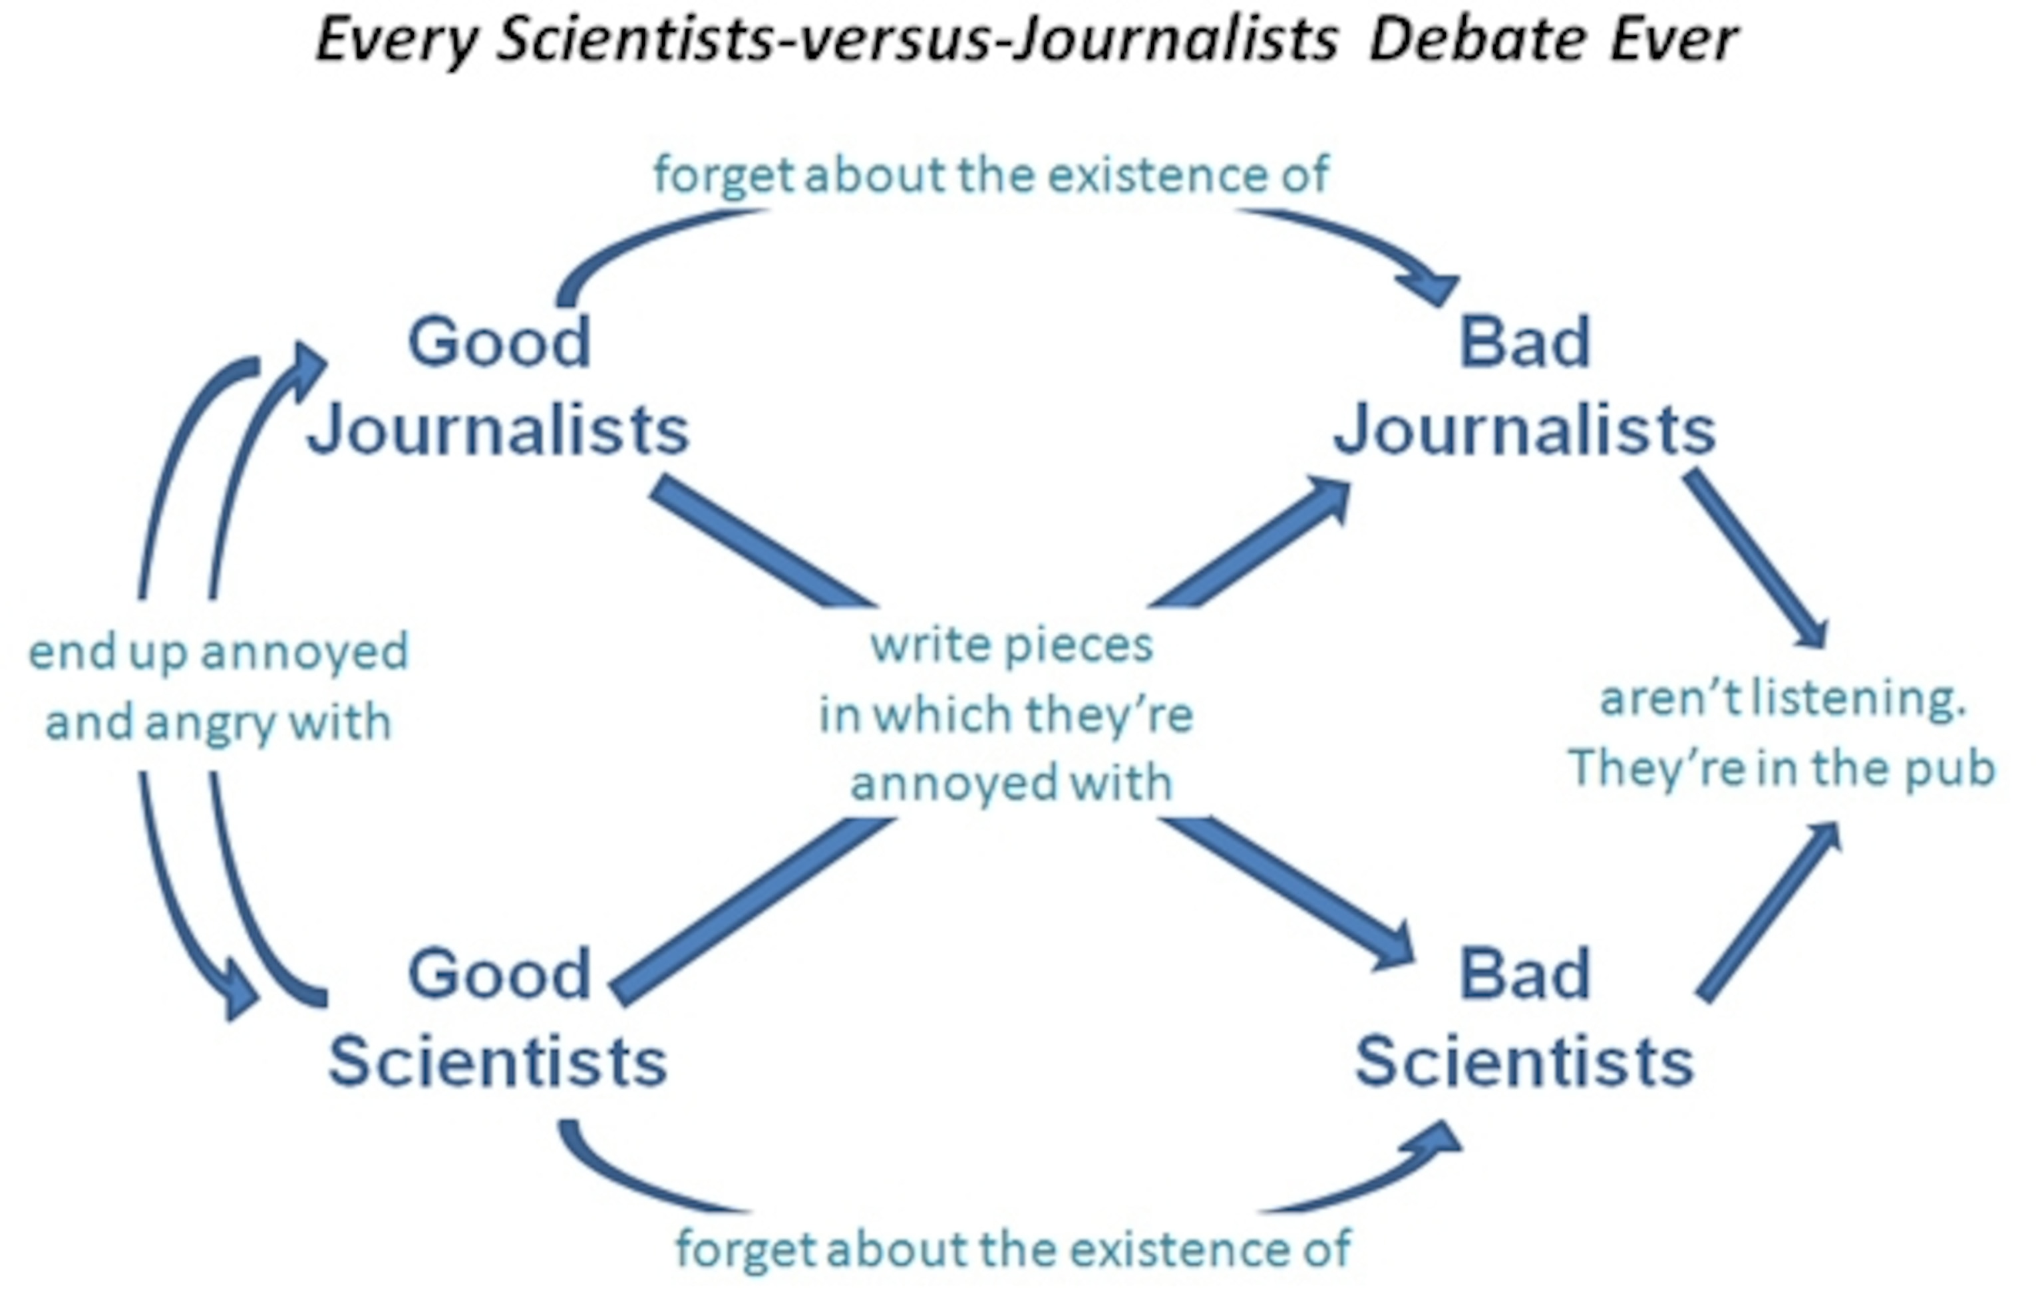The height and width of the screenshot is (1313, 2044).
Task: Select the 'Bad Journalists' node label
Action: pos(1525,384)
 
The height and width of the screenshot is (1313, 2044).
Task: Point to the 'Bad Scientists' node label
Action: pos(1525,1017)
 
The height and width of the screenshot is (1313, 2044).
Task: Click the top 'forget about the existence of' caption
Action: pos(991,175)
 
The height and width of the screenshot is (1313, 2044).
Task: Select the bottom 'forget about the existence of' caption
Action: pos(1013,1249)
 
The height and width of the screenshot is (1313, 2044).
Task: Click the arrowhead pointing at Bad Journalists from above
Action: pos(1433,288)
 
